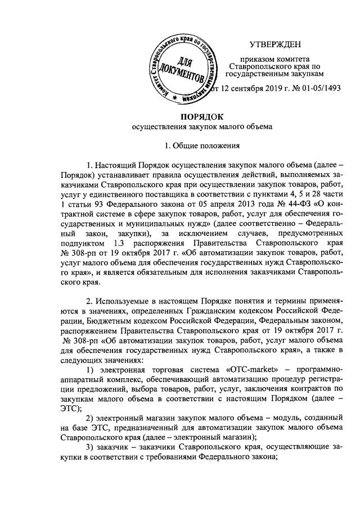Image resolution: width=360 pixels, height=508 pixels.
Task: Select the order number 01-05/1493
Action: (314, 89)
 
